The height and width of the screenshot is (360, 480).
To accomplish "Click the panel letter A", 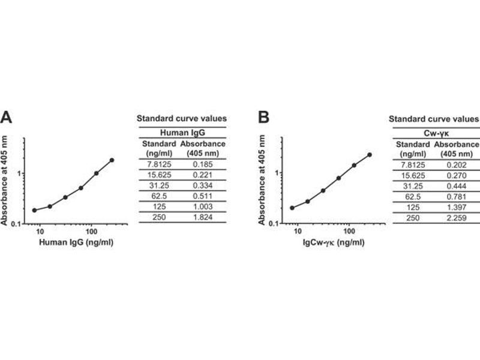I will click(x=7, y=118).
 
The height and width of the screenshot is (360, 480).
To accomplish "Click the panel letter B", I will click(x=263, y=118).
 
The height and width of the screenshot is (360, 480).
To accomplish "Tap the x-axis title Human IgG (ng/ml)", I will click(x=76, y=243).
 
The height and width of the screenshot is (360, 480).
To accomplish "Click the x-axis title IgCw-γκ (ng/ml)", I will click(x=332, y=243).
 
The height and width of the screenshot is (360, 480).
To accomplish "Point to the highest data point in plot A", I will click(x=112, y=160).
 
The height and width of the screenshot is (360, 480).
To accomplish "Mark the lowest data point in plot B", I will click(x=292, y=208).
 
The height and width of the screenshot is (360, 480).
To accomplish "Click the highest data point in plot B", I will click(x=370, y=154).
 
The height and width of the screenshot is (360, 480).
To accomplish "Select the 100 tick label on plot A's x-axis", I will click(x=91, y=231).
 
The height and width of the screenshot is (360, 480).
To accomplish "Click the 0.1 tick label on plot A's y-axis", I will click(x=16, y=224).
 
